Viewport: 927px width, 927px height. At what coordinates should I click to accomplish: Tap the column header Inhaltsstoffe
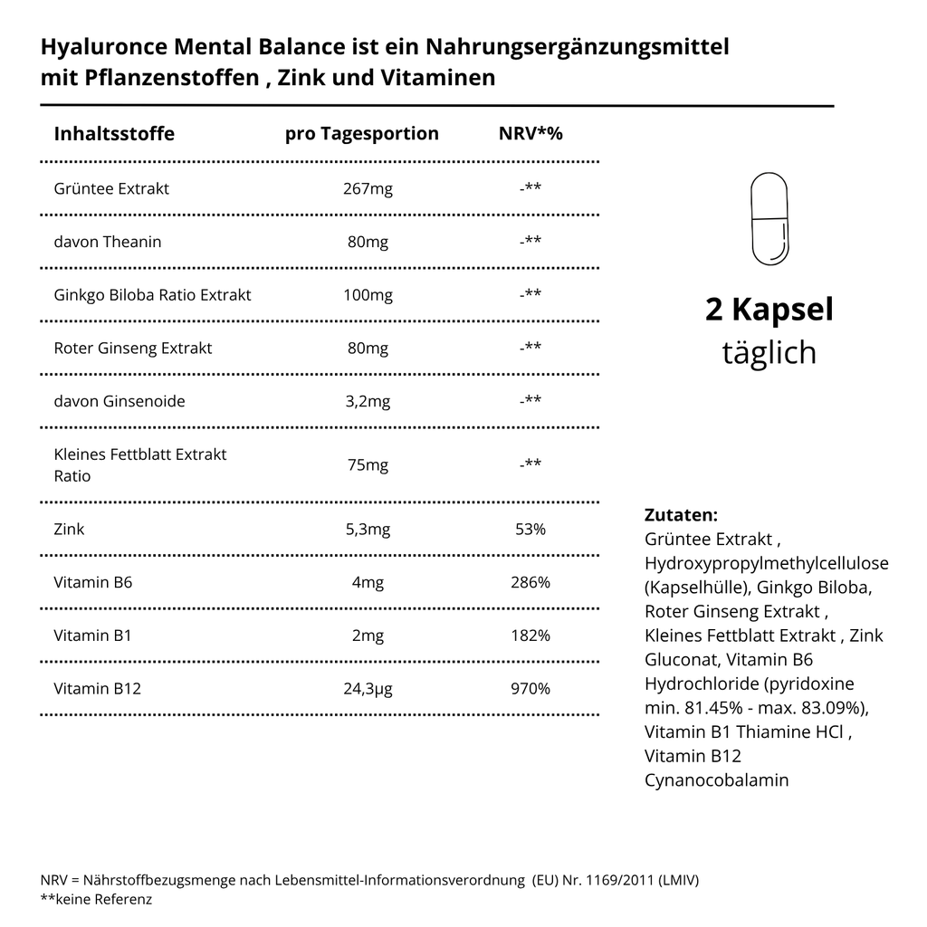click(114, 134)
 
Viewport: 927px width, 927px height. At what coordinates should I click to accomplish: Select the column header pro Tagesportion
click(361, 134)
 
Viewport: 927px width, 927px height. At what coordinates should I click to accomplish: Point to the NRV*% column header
click(530, 134)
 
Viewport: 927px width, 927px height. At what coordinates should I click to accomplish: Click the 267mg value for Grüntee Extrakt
click(368, 188)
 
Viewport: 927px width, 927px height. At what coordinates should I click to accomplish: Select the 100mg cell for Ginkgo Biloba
click(368, 295)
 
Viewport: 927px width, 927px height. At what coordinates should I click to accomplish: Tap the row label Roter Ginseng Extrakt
click(133, 349)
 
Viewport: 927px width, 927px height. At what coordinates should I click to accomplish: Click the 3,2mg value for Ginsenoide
click(368, 401)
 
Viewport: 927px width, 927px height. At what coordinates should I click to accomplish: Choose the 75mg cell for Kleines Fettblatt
click(368, 465)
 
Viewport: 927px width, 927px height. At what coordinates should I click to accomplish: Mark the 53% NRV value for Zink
click(530, 529)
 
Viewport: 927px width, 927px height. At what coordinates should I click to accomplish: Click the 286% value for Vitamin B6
click(530, 582)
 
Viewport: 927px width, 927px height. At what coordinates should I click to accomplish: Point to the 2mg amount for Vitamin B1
click(368, 636)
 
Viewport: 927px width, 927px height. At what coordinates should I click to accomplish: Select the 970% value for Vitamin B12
click(530, 689)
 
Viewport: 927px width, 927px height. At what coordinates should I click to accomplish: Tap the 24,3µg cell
click(368, 689)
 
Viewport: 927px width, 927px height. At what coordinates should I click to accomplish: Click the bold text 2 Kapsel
click(769, 310)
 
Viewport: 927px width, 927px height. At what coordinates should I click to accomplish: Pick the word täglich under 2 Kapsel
click(769, 352)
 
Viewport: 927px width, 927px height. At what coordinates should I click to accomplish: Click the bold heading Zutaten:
click(681, 515)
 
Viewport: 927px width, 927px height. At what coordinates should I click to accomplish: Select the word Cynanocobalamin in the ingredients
click(716, 779)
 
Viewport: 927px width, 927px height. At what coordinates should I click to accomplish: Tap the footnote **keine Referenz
click(96, 899)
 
